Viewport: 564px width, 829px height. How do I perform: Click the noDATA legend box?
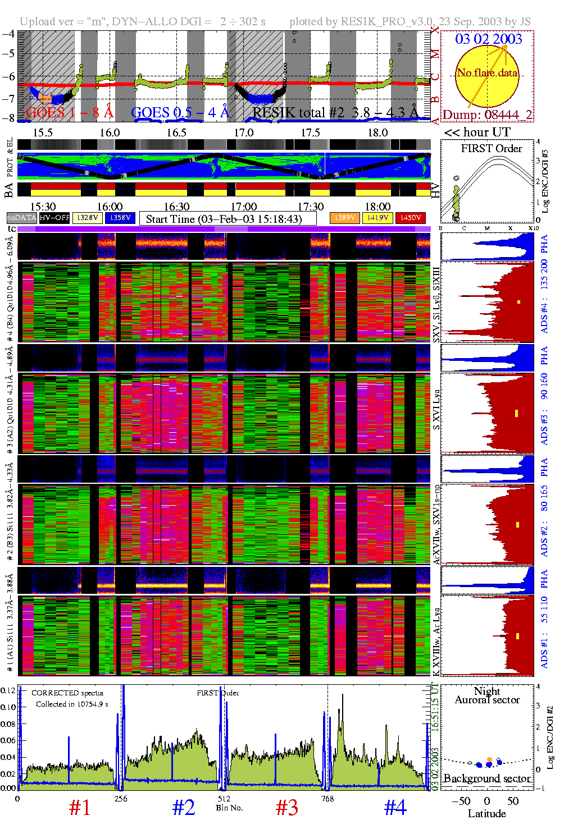22,218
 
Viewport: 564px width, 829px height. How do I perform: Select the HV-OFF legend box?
54,218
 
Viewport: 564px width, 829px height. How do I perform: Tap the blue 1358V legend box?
120,218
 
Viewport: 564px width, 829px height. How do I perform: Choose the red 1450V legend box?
411,218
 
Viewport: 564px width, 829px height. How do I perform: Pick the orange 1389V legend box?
344,218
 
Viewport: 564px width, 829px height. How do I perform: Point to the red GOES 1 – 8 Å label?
70,113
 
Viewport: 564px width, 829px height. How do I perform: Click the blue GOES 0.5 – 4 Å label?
180,113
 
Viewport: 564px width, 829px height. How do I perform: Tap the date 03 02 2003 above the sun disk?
488,39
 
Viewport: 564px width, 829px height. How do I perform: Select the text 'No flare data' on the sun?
487,73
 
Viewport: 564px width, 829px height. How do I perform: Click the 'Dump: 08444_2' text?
487,115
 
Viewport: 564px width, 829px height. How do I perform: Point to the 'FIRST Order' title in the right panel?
492,149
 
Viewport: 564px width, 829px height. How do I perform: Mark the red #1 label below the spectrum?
80,808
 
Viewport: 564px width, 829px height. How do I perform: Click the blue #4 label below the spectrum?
395,808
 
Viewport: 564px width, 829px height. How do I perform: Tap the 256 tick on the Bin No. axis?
121,799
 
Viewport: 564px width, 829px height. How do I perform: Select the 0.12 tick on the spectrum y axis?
8,690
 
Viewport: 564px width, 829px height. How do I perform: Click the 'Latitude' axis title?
487,814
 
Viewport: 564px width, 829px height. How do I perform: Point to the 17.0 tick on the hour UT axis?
244,133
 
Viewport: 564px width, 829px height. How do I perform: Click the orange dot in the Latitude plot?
490,759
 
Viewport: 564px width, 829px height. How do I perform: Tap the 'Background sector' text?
487,778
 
